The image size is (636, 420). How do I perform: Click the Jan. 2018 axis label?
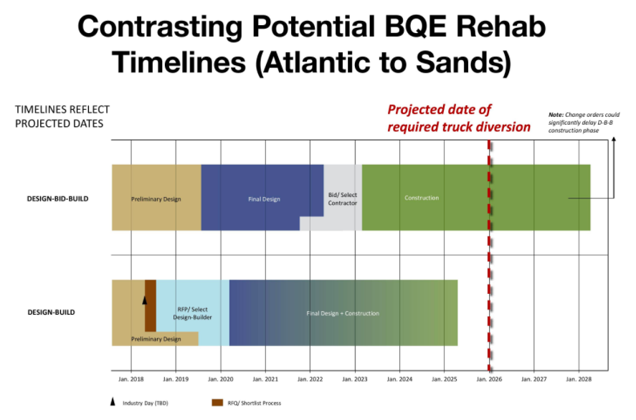[x=131, y=379]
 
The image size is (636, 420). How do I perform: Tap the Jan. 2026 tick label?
[x=489, y=379]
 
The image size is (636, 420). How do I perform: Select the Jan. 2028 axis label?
[x=579, y=379]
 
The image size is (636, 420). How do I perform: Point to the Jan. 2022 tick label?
[x=310, y=379]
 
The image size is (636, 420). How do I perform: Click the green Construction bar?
[x=476, y=197]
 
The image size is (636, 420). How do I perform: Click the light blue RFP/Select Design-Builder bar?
[x=193, y=312]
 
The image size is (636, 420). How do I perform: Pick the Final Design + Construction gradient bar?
[x=343, y=312]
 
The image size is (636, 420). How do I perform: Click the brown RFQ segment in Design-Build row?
[x=151, y=306]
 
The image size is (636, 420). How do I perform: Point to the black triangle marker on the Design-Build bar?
[x=144, y=300]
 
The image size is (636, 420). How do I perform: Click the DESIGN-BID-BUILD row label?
[x=57, y=199]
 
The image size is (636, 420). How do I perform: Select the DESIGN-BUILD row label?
[x=51, y=312]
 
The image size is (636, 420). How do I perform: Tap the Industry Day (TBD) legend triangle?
[x=113, y=402]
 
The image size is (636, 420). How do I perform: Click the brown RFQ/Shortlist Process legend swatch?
[x=217, y=403]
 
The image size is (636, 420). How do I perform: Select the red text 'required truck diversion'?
[x=459, y=127]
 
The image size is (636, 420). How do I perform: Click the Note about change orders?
[x=584, y=123]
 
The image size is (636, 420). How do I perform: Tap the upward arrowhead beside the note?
[x=614, y=139]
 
